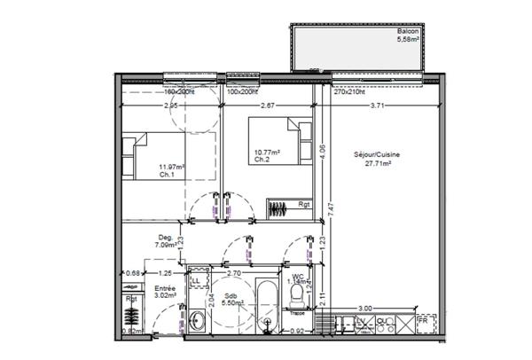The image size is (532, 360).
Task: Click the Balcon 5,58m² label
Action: click(410, 35)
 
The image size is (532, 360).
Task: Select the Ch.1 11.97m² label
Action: click(169, 170)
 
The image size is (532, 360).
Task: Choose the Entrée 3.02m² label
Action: click(165, 293)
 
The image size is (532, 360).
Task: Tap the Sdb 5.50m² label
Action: click(231, 300)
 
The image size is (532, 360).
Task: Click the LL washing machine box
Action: click(196, 279)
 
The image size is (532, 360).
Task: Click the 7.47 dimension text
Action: click(329, 208)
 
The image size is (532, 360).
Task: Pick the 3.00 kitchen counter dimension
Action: click(365, 309)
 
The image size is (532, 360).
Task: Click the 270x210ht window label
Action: click(350, 91)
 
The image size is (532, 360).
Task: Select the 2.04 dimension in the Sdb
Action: click(210, 300)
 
